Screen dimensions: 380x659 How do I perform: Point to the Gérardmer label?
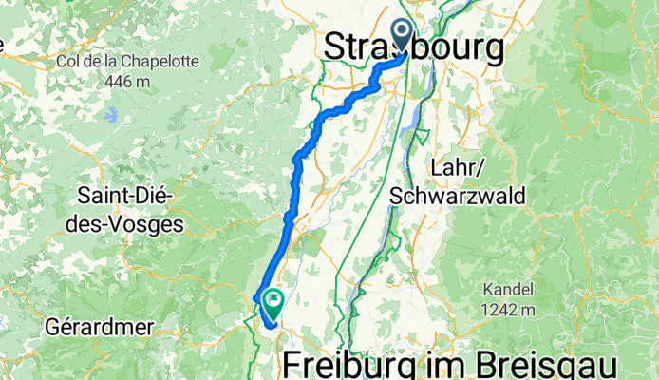pos(99,327)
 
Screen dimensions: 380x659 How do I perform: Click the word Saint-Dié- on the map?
pos(123,199)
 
